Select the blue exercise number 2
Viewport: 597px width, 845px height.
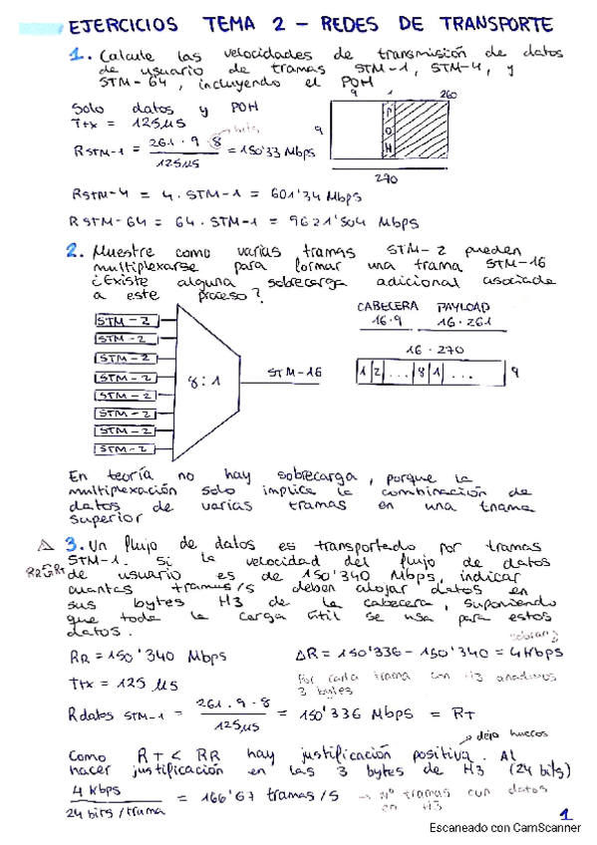click(75, 253)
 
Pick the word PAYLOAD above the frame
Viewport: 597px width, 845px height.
click(464, 307)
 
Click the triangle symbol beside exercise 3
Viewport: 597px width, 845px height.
click(44, 545)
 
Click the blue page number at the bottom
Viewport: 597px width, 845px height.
click(565, 814)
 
